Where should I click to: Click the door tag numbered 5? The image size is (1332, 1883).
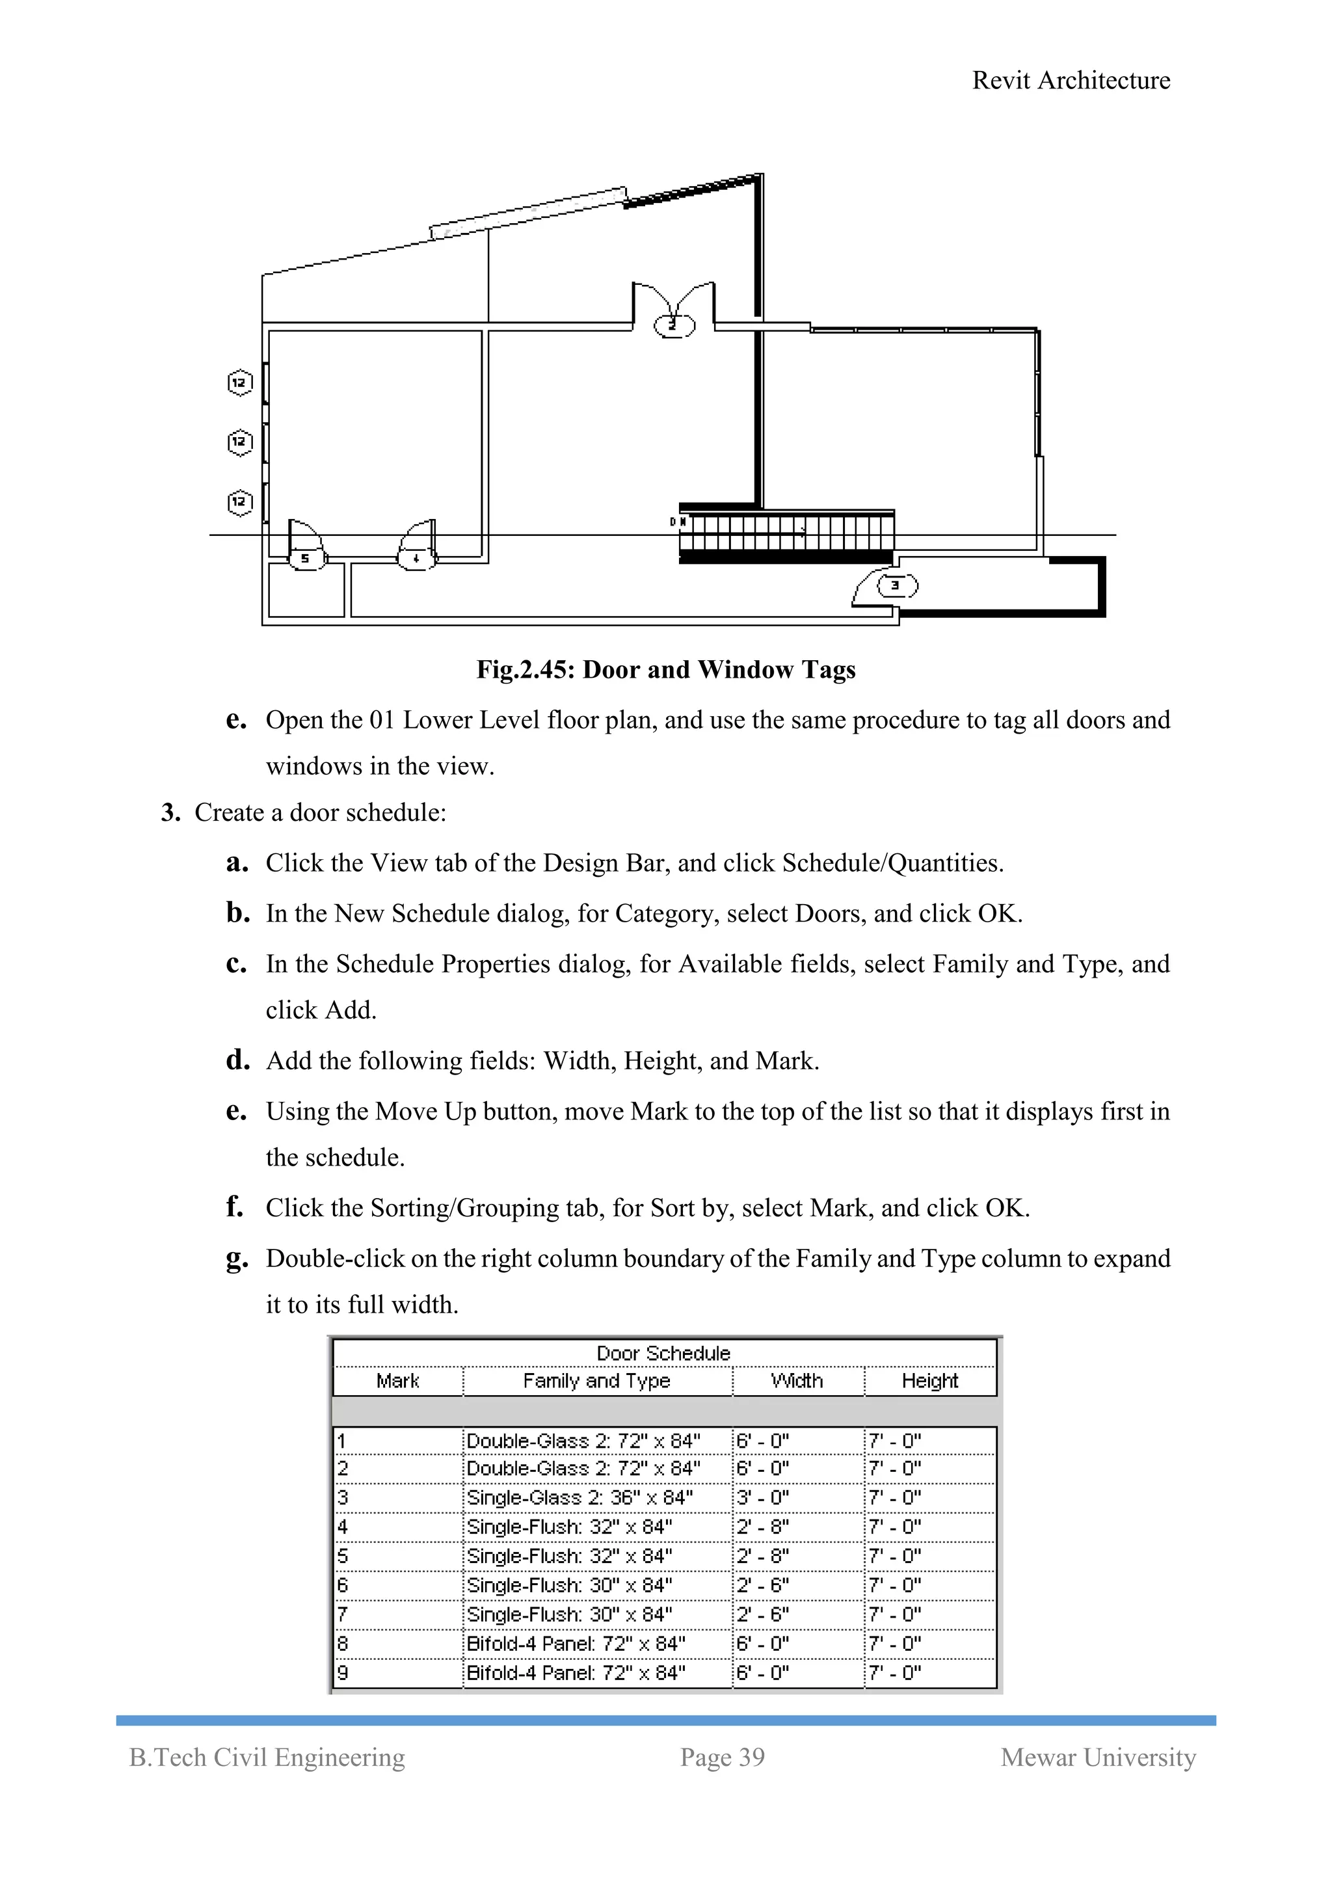pyautogui.click(x=305, y=559)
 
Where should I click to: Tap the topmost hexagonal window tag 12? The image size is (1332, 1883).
pyautogui.click(x=239, y=382)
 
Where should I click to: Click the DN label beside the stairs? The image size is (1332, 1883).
pyautogui.click(x=678, y=522)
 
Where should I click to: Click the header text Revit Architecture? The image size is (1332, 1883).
pyautogui.click(x=1071, y=81)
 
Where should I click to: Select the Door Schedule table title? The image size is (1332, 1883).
pyautogui.click(x=663, y=1353)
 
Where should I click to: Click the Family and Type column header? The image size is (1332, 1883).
pyautogui.click(x=596, y=1381)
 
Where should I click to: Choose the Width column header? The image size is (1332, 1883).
pyautogui.click(x=797, y=1381)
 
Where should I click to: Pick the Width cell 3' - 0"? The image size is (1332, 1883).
pyautogui.click(x=762, y=1497)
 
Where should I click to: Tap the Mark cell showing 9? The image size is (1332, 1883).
pyautogui.click(x=343, y=1672)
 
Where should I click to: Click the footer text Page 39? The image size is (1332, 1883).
pyautogui.click(x=722, y=1757)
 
